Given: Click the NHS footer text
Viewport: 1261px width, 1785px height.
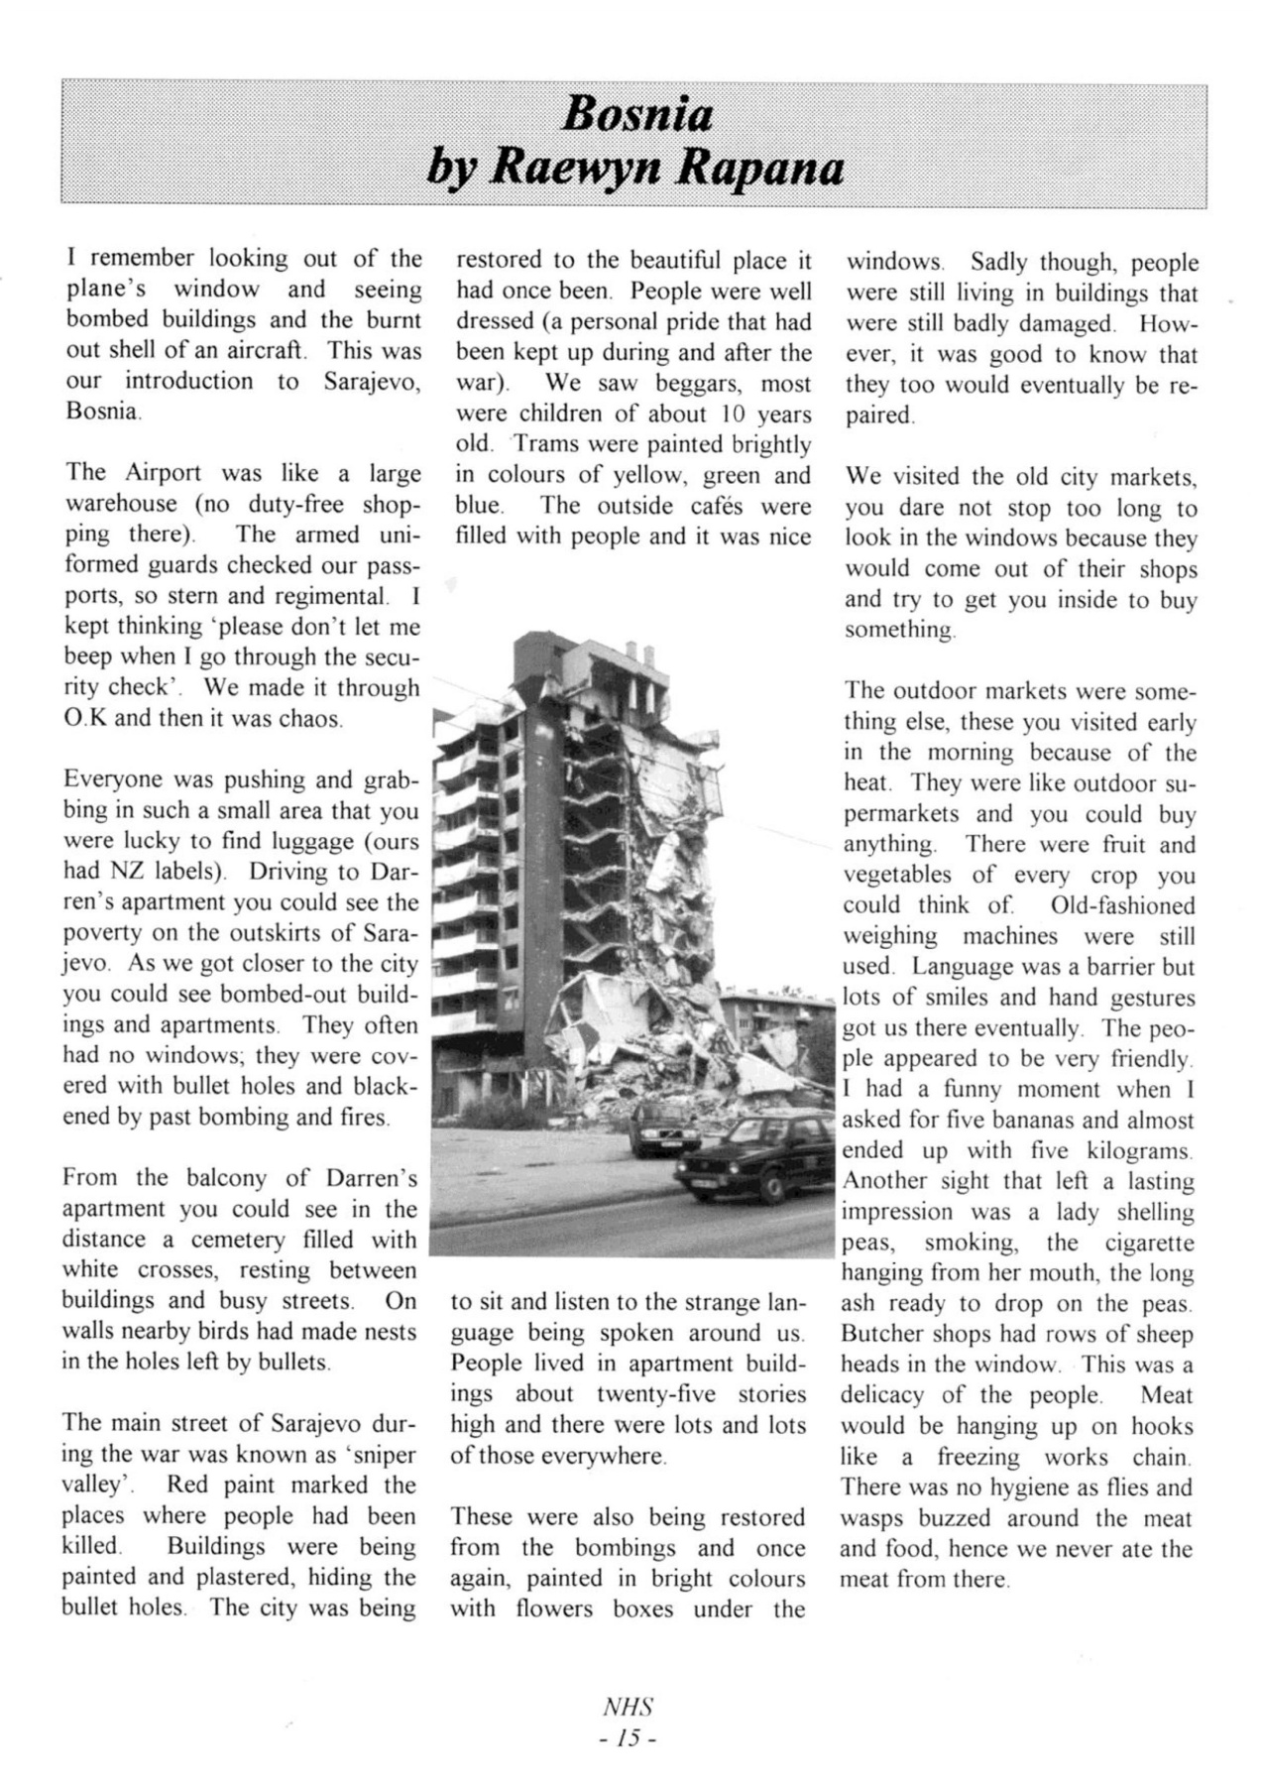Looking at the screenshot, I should [629, 1707].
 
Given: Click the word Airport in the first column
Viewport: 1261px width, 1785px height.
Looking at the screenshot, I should [163, 473].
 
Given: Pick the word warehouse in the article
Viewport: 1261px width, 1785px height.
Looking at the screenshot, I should [120, 504].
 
